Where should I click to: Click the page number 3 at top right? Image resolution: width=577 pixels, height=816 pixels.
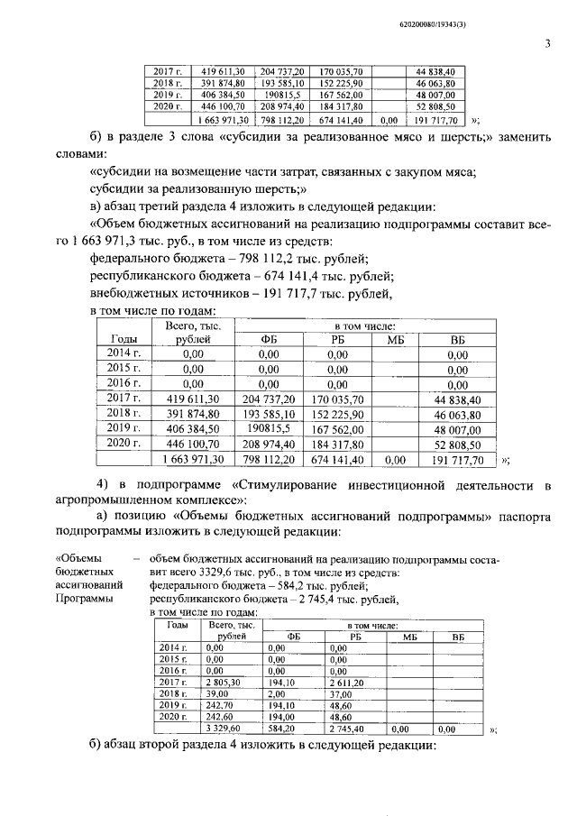coord(547,41)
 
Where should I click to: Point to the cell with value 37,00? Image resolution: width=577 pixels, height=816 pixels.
coord(340,694)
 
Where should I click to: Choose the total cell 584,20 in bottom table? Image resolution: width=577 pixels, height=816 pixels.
coord(283,728)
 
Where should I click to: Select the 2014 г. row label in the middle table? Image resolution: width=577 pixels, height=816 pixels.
coord(124,354)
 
